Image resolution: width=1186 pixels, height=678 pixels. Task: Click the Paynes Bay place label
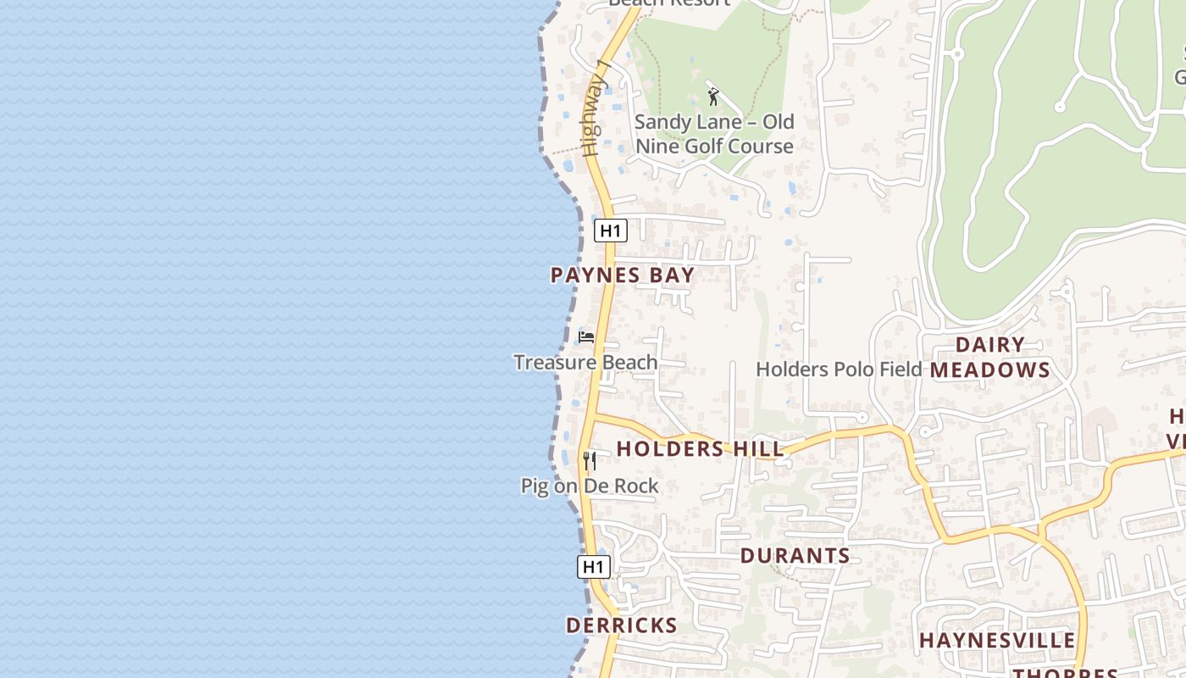tap(623, 275)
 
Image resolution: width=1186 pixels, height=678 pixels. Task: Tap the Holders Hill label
tap(700, 448)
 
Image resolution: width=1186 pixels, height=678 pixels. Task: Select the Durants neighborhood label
tap(795, 556)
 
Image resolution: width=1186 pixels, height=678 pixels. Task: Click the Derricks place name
tap(621, 625)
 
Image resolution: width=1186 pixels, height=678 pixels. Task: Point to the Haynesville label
tap(997, 640)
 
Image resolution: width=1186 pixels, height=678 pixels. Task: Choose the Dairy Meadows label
tap(990, 358)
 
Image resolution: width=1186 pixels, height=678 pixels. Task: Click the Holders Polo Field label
tap(838, 370)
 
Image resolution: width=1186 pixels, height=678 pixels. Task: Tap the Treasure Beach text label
tap(585, 363)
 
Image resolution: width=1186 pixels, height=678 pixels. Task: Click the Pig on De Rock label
tap(590, 486)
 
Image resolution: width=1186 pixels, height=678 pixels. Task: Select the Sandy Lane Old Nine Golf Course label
tap(714, 134)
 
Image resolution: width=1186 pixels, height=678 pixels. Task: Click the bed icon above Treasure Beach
tap(585, 337)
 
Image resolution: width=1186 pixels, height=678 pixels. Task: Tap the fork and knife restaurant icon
tap(590, 461)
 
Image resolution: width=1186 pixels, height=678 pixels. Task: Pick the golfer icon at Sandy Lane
tap(713, 97)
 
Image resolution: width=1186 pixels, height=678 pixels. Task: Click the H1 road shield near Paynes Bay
tap(610, 231)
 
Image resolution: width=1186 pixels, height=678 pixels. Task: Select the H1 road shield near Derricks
tap(594, 567)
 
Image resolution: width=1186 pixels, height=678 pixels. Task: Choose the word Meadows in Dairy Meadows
tap(990, 370)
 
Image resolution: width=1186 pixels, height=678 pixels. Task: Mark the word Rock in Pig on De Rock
tap(637, 486)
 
